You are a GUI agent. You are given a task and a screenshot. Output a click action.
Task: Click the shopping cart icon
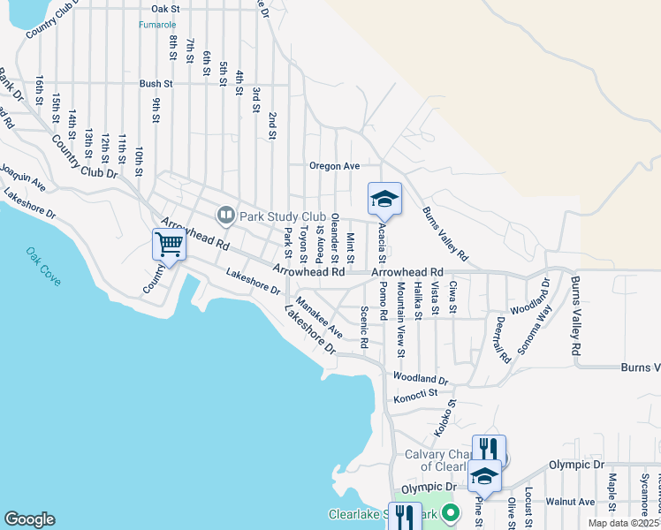point(168,244)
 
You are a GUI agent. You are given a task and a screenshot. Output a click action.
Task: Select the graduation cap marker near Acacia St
point(384,199)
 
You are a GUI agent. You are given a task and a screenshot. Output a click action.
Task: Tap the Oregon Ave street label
point(334,166)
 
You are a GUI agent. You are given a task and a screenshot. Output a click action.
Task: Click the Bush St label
point(155,84)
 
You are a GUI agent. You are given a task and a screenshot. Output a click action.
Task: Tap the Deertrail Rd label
point(502,340)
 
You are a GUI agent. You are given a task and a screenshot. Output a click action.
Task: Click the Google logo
point(29,519)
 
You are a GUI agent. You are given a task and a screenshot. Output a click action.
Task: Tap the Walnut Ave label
point(570,502)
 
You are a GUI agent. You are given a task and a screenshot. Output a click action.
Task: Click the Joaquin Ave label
point(22,177)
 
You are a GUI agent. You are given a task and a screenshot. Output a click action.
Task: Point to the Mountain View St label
point(400,319)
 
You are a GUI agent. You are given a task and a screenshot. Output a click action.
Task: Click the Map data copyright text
point(624,523)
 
